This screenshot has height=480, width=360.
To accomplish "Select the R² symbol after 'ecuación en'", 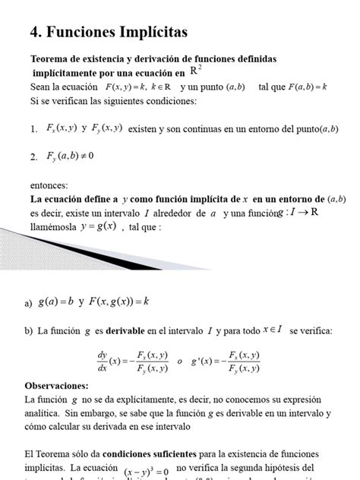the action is (196, 71).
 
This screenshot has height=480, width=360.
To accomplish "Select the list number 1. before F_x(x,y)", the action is (33, 130).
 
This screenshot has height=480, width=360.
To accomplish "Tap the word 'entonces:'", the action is (49, 185).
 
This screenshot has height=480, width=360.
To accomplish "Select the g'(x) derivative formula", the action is (229, 362).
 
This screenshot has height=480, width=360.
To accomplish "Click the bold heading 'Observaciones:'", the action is (56, 385).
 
